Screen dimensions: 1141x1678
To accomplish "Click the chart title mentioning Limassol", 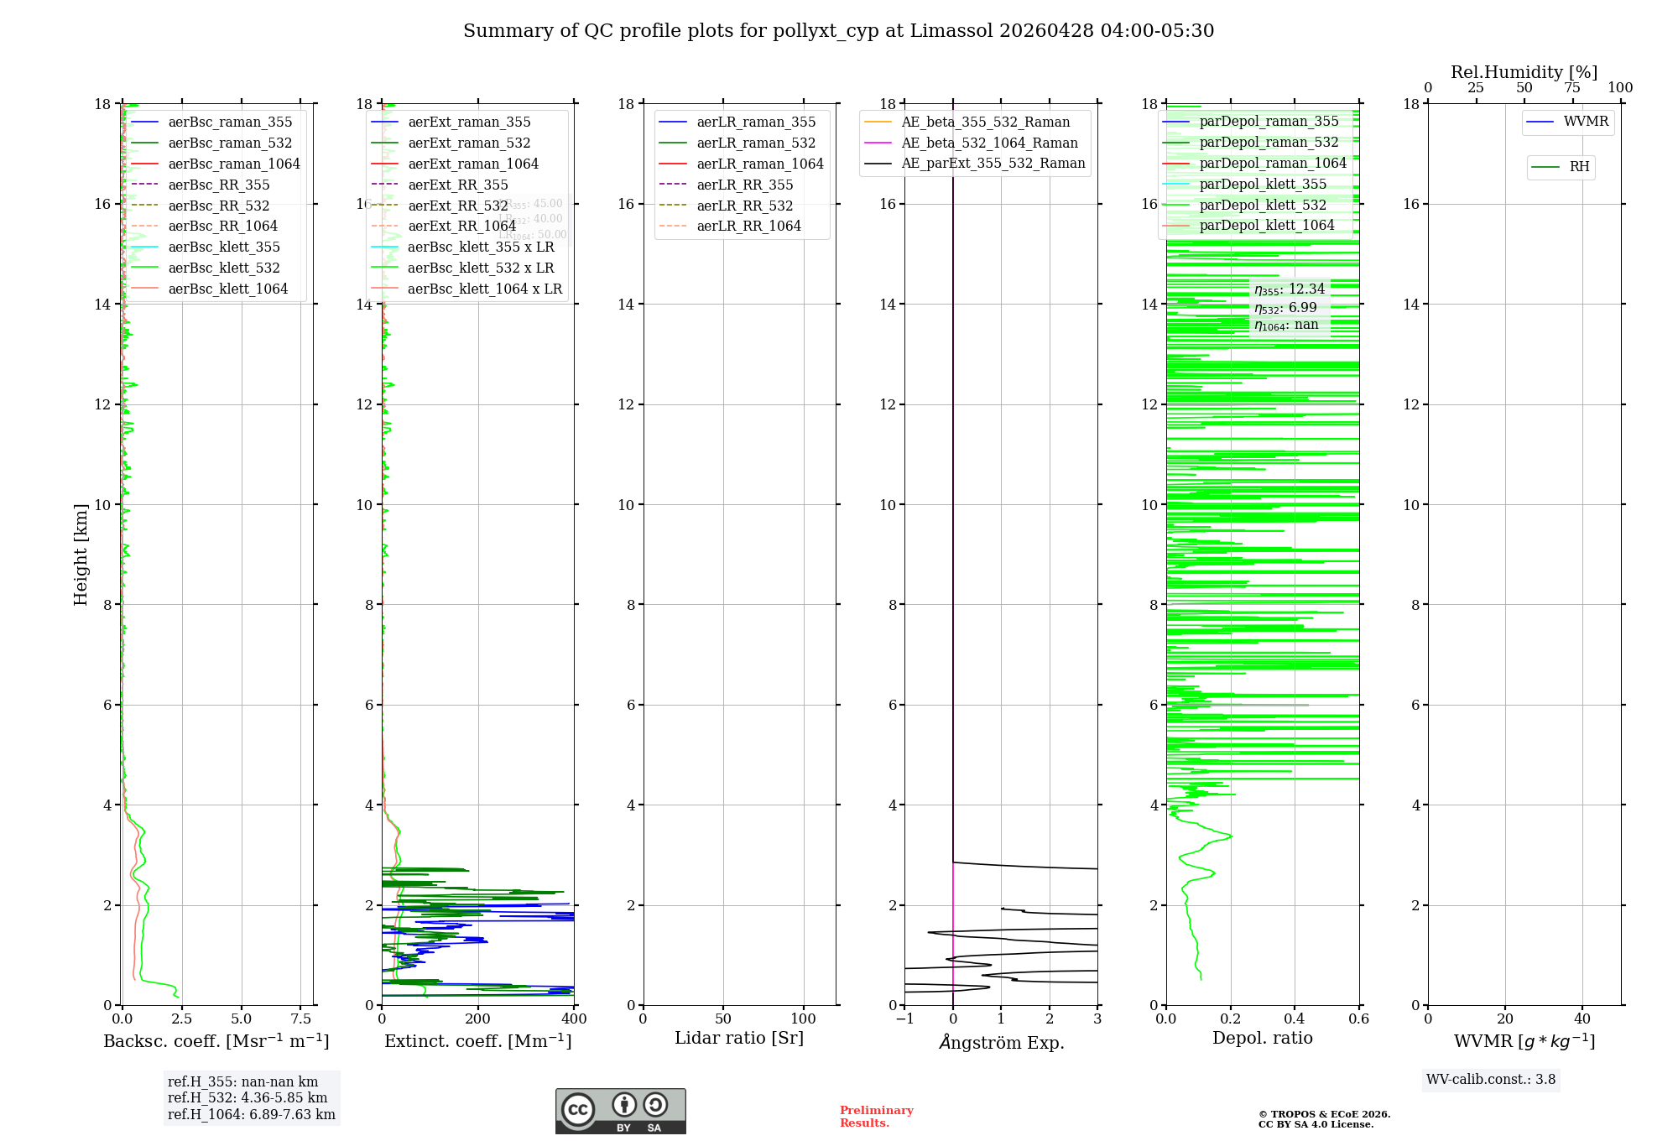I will tap(838, 31).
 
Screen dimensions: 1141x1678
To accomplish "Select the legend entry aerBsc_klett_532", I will tap(223, 268).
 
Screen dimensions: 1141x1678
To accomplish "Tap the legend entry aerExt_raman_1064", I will tap(473, 164).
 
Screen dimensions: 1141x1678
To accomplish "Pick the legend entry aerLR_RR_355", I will tap(744, 185).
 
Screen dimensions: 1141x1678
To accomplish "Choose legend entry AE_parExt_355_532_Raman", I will tap(993, 164).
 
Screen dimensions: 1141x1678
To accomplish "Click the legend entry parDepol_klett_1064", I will tap(1266, 226).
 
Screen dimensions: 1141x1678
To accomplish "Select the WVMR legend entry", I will tap(1585, 122).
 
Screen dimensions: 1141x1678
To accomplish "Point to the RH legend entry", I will tap(1579, 167).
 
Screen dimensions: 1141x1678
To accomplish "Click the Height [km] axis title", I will tap(81, 554).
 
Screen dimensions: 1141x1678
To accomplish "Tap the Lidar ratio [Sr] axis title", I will tap(739, 1039).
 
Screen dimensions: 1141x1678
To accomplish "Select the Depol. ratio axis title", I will tap(1262, 1039).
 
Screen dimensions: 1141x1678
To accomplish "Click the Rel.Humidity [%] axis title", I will tap(1524, 73).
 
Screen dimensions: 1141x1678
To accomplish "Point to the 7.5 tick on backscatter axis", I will tap(301, 1019).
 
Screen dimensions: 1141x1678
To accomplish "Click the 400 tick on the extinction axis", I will tap(574, 1019).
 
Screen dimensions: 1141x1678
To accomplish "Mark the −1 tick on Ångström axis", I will tap(904, 1019).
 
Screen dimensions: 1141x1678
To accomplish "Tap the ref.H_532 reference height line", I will tap(248, 1098).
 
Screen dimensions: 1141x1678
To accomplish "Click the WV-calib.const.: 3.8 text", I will tap(1491, 1080).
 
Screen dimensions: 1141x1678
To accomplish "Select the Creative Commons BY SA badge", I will tap(620, 1112).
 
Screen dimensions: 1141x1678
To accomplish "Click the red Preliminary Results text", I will tap(876, 1117).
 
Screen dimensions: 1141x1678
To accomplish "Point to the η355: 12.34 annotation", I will tap(1290, 289).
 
